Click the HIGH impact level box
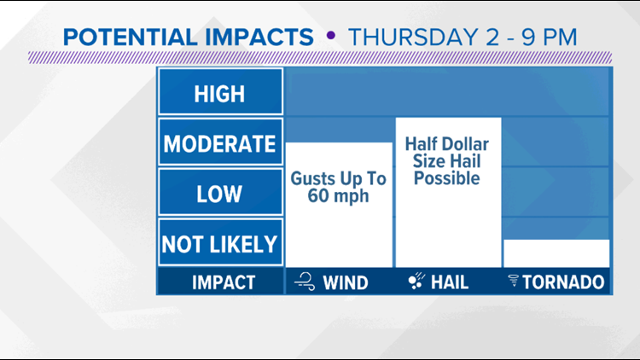click(220, 92)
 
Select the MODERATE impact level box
click(220, 142)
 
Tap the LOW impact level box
click(220, 193)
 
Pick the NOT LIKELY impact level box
click(220, 244)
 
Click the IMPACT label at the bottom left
click(220, 282)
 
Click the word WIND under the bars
click(346, 282)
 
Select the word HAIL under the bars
click(450, 282)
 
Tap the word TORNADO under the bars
click(566, 282)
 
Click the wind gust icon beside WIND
click(305, 282)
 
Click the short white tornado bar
click(556, 253)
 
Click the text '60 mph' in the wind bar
click(339, 197)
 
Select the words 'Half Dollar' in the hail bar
click(448, 142)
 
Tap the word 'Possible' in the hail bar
click(448, 178)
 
